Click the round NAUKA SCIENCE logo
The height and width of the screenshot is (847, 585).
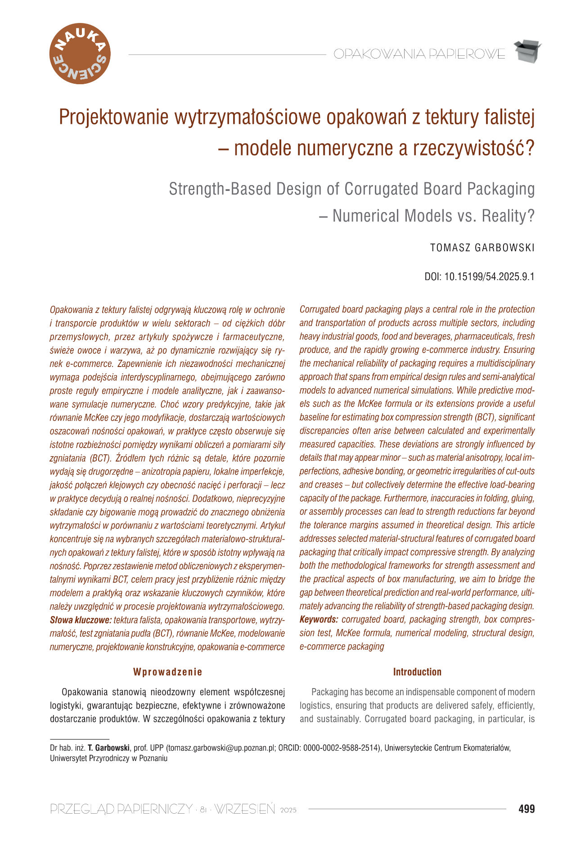[x=80, y=54]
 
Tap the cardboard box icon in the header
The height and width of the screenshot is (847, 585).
[x=527, y=51]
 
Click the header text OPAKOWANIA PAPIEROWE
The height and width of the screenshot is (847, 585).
[x=419, y=54]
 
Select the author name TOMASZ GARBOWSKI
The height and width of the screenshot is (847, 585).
[x=482, y=248]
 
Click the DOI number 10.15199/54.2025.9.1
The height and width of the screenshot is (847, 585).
[x=489, y=276]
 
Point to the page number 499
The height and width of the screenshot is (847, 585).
[x=526, y=809]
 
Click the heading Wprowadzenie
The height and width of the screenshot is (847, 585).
[x=167, y=672]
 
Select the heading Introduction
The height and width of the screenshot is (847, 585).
[x=417, y=672]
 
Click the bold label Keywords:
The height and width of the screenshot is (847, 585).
[x=319, y=619]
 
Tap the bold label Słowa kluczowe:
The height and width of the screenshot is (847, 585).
[x=81, y=620]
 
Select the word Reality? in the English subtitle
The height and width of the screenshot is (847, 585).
[x=508, y=216]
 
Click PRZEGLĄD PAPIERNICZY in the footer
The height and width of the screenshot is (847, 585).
[x=121, y=809]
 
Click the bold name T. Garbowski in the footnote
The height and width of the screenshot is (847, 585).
[x=108, y=748]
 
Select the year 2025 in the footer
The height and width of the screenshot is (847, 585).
[x=288, y=811]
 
